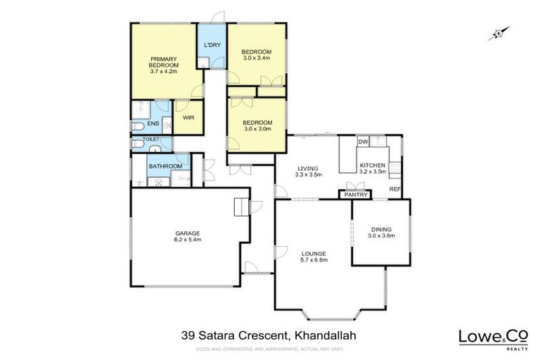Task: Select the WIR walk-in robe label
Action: point(188,117)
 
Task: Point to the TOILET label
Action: point(151,139)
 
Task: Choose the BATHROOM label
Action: point(165,166)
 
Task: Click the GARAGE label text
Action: point(188,233)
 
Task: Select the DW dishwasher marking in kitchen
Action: point(363,142)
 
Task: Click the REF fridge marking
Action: point(395,189)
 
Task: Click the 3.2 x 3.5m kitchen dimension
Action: point(373,171)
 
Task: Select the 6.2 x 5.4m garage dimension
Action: point(188,240)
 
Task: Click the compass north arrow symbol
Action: point(499,32)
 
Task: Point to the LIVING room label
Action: point(308,168)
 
